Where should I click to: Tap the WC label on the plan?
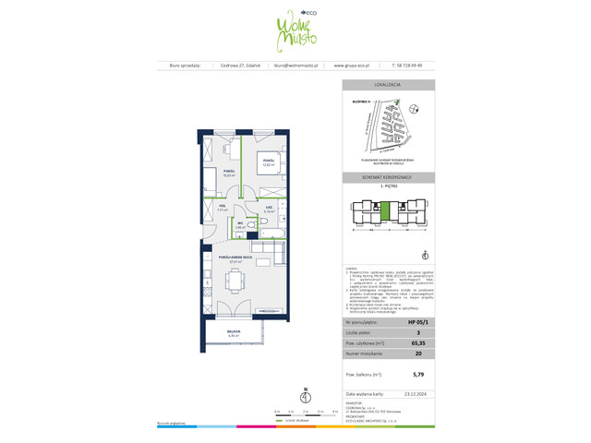tap(239, 222)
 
